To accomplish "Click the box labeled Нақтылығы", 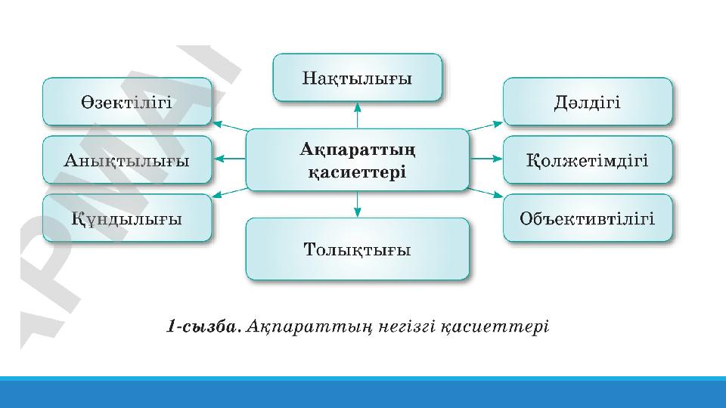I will point(357,77).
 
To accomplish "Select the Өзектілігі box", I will point(126,102).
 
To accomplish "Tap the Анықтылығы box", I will point(126,160).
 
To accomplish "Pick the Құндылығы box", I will point(126,218).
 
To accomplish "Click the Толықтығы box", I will point(357,249).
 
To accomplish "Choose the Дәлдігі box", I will point(587,102).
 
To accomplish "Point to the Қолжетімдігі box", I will point(587,160).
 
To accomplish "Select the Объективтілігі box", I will point(587,218).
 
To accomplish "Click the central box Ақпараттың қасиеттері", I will point(357,159).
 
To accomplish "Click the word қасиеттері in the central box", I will point(357,172).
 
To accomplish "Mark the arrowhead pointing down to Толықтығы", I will point(357,211).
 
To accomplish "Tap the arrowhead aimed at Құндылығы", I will point(218,196).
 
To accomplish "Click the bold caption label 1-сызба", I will point(203,327).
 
